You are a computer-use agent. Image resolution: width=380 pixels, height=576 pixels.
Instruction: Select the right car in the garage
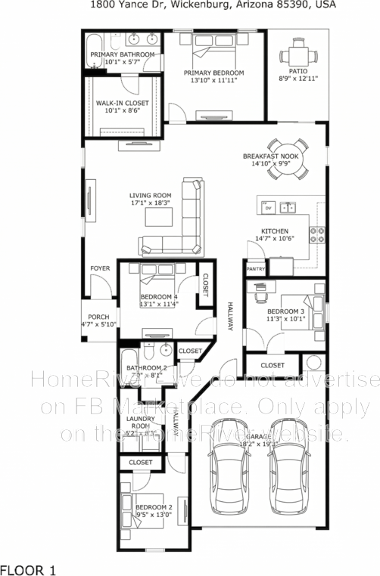click(x=286, y=469)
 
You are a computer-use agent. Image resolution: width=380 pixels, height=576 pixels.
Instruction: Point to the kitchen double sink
click(x=287, y=206)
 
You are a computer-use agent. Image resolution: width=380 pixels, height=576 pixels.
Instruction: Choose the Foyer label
click(x=100, y=268)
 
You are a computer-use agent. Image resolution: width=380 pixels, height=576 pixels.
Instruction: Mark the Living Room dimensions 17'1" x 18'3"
click(x=150, y=203)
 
